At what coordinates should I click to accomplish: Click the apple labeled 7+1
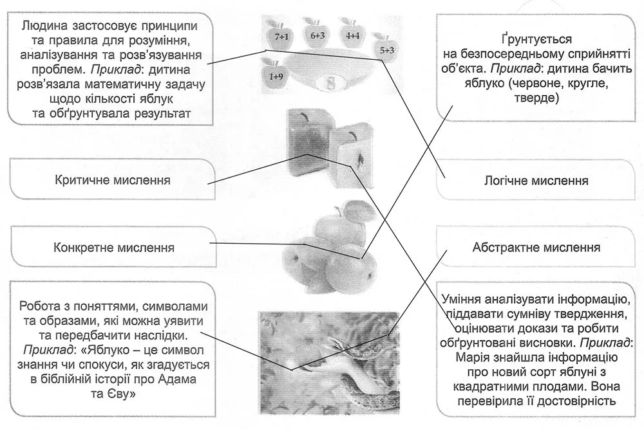tap(280, 36)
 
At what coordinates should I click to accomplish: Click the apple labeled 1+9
tap(276, 75)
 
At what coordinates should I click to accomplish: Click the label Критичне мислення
tap(113, 179)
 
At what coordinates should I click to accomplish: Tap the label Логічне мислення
tap(536, 181)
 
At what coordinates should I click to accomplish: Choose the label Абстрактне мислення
tap(536, 247)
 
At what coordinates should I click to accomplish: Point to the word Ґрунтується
tap(536, 40)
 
